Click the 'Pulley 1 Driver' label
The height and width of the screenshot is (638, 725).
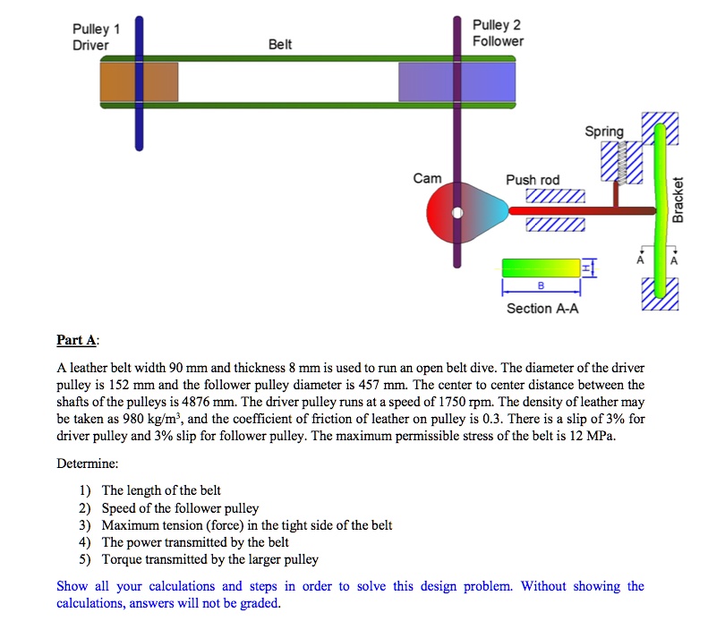[97, 37]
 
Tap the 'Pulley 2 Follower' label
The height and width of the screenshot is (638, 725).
[498, 33]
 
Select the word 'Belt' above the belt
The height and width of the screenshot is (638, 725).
[280, 44]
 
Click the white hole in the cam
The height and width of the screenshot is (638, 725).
[458, 213]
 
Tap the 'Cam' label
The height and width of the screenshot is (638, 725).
[427, 178]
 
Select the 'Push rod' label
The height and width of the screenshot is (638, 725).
[533, 180]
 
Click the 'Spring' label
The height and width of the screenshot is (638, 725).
[604, 132]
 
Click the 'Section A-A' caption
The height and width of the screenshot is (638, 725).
[542, 309]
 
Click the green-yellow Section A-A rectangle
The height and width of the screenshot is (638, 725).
[541, 268]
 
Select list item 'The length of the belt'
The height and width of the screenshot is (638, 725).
[161, 490]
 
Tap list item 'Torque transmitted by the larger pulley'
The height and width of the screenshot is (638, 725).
[209, 559]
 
